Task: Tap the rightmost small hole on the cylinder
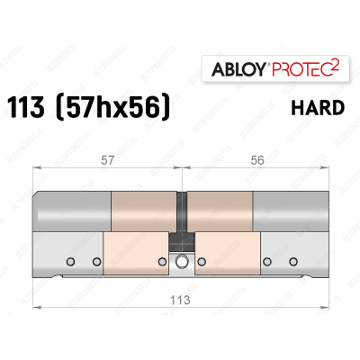293,262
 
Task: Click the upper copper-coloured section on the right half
220,211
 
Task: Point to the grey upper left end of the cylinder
72,211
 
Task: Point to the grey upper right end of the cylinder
290,211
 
